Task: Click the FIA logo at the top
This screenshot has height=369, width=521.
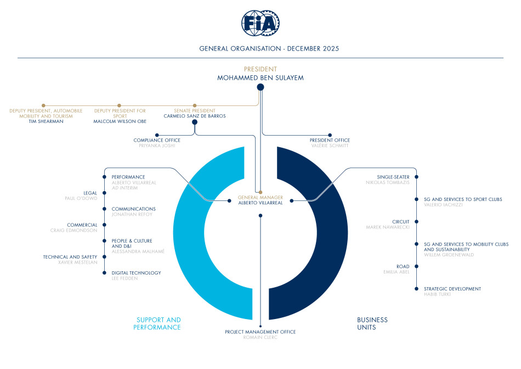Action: (260, 23)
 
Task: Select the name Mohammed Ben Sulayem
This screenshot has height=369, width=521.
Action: (260, 78)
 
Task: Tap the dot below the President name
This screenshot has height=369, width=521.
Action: (260, 87)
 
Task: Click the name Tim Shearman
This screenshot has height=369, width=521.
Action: (46, 121)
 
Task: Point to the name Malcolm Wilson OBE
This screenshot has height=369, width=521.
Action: (119, 121)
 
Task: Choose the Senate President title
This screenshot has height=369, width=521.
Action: (194, 110)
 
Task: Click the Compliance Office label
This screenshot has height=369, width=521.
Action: (157, 140)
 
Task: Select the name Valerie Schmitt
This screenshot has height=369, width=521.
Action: (330, 146)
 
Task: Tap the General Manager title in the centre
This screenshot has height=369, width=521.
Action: (260, 197)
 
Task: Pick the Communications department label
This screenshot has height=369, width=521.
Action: (133, 209)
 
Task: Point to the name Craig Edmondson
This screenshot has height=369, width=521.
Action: (73, 231)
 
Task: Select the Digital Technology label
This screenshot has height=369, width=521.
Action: (136, 273)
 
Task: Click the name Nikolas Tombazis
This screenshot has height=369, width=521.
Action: (388, 182)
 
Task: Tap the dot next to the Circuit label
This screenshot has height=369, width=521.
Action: (417, 222)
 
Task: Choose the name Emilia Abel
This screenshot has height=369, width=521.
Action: (397, 272)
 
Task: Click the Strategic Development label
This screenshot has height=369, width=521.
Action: (452, 289)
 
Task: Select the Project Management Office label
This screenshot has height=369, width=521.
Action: (260, 332)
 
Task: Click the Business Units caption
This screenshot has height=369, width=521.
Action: (372, 323)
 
